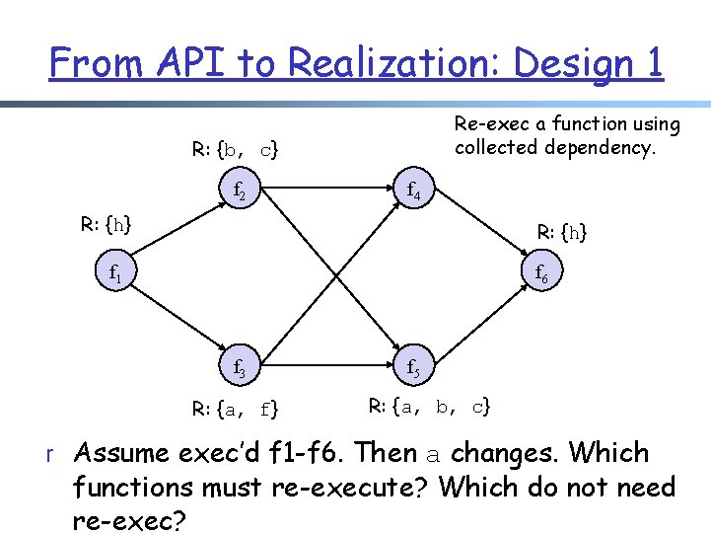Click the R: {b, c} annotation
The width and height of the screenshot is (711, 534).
235,150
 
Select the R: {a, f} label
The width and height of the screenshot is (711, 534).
235,407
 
